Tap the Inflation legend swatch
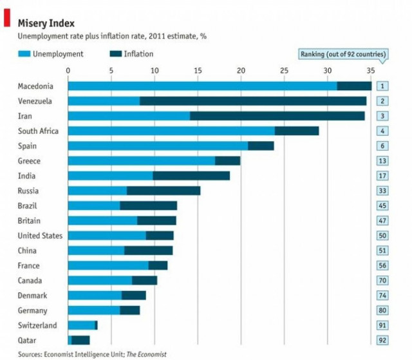[115, 54]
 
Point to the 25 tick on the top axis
[284, 71]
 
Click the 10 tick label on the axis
[154, 71]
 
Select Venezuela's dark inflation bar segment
[252, 101]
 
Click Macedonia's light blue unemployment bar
[201, 86]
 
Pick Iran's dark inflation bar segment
[277, 116]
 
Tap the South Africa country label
[38, 131]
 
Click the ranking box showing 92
[382, 340]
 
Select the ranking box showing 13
[382, 161]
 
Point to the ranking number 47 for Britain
[382, 221]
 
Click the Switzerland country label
[37, 325]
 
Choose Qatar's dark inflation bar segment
[80, 340]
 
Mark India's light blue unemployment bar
[110, 176]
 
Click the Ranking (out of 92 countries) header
[344, 54]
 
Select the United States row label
[40, 236]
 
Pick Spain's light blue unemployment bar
[157, 146]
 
